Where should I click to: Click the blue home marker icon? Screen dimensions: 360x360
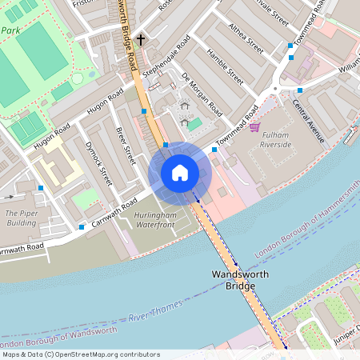(x=180, y=172)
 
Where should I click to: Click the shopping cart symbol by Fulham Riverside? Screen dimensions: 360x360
(x=254, y=126)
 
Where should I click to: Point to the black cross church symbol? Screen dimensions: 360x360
(x=141, y=38)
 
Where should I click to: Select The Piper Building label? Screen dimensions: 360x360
(x=22, y=218)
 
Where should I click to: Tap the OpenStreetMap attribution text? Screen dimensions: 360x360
(x=81, y=354)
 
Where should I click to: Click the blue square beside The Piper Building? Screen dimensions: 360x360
(x=40, y=188)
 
